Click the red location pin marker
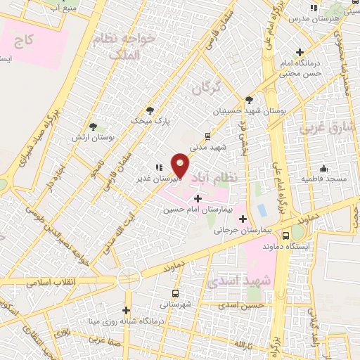pos(181,165)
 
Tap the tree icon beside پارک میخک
pos(150,110)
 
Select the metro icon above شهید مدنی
pos(207,136)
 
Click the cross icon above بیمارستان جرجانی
pos(243,219)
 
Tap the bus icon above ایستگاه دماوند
pos(285,236)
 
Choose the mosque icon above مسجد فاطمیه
pos(323,169)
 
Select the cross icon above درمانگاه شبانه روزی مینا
pos(127,310)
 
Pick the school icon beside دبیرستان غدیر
pos(158,168)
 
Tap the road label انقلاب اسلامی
pos(51,282)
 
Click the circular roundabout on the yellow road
pos(129,277)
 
